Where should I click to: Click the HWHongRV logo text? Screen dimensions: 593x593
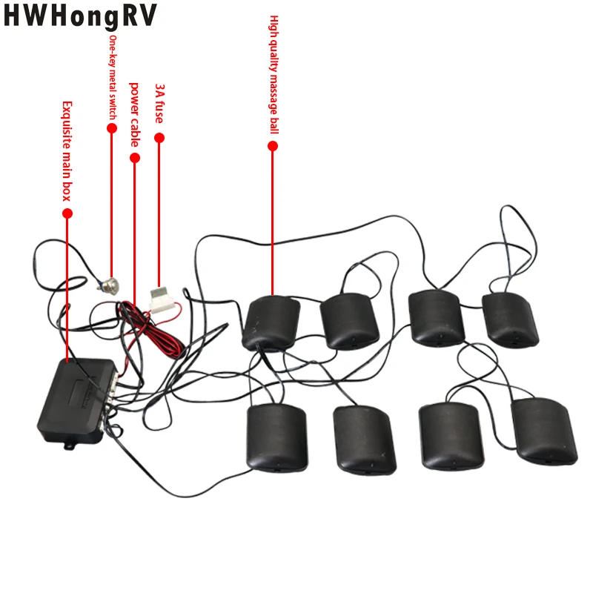(82, 17)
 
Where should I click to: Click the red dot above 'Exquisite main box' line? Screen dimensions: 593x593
(67, 213)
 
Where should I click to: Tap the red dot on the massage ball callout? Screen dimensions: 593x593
(273, 146)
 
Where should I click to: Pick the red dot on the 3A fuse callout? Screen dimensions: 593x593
(159, 138)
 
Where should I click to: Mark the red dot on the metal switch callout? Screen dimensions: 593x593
(113, 127)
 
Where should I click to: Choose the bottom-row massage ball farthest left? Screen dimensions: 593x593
(276, 437)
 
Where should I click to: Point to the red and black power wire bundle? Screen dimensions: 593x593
(148, 326)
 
